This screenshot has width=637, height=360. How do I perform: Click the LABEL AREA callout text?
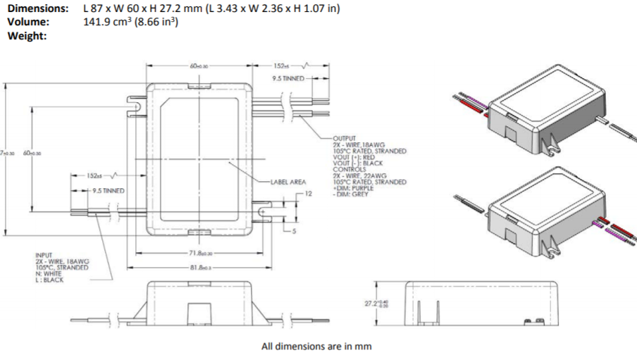[x=287, y=181]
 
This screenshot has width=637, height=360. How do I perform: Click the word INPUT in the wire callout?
[x=44, y=255]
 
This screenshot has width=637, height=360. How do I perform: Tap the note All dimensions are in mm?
[x=316, y=346]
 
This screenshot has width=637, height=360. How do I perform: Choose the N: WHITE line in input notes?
[x=49, y=273]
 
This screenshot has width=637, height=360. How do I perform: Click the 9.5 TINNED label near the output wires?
[x=287, y=78]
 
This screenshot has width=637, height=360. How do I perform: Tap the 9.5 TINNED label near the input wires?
[x=107, y=190]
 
